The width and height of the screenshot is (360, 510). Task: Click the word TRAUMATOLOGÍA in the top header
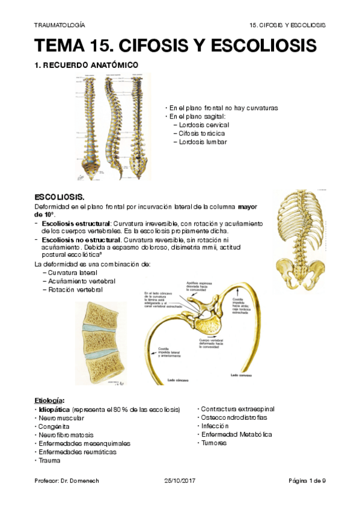59,25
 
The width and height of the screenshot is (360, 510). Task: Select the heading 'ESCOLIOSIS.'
59,197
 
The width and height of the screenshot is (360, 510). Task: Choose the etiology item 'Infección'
216,426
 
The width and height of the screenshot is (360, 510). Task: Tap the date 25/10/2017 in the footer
180,481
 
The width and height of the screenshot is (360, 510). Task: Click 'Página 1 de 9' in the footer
307,481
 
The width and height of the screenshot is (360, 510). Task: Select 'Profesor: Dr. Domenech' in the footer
64,481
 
